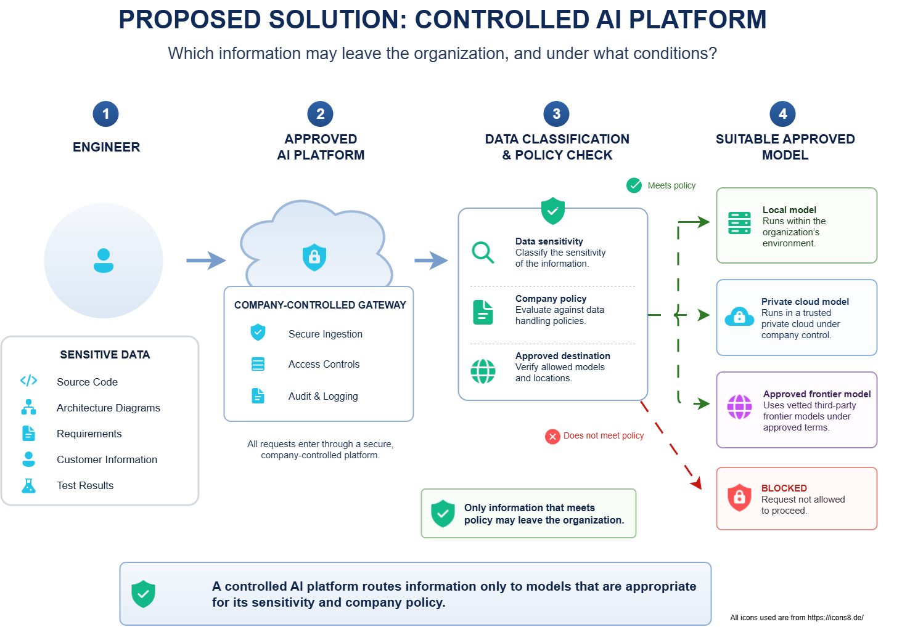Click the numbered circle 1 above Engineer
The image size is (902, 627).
(x=106, y=114)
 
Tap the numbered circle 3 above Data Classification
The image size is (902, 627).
(x=557, y=114)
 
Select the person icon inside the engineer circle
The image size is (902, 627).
(x=104, y=261)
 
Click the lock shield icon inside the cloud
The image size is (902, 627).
(x=314, y=257)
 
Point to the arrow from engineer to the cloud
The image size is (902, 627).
(x=206, y=261)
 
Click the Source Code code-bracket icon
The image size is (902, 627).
(x=28, y=381)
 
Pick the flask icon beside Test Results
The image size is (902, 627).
(x=28, y=485)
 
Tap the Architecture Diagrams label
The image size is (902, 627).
(x=109, y=408)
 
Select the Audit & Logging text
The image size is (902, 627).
(x=323, y=396)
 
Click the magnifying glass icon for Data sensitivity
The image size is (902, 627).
(x=483, y=253)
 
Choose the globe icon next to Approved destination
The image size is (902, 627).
(x=483, y=371)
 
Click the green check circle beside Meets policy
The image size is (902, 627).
(x=634, y=185)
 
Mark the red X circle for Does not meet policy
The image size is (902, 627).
(x=552, y=436)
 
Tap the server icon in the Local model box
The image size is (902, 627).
(x=739, y=223)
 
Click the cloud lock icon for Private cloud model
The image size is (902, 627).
(x=739, y=317)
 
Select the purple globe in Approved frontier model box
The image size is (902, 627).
(x=739, y=407)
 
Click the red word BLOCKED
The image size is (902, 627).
(x=784, y=488)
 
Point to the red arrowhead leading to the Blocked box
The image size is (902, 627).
(x=697, y=483)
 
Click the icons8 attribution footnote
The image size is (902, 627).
(x=797, y=618)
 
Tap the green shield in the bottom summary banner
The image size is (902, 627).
(x=144, y=594)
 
